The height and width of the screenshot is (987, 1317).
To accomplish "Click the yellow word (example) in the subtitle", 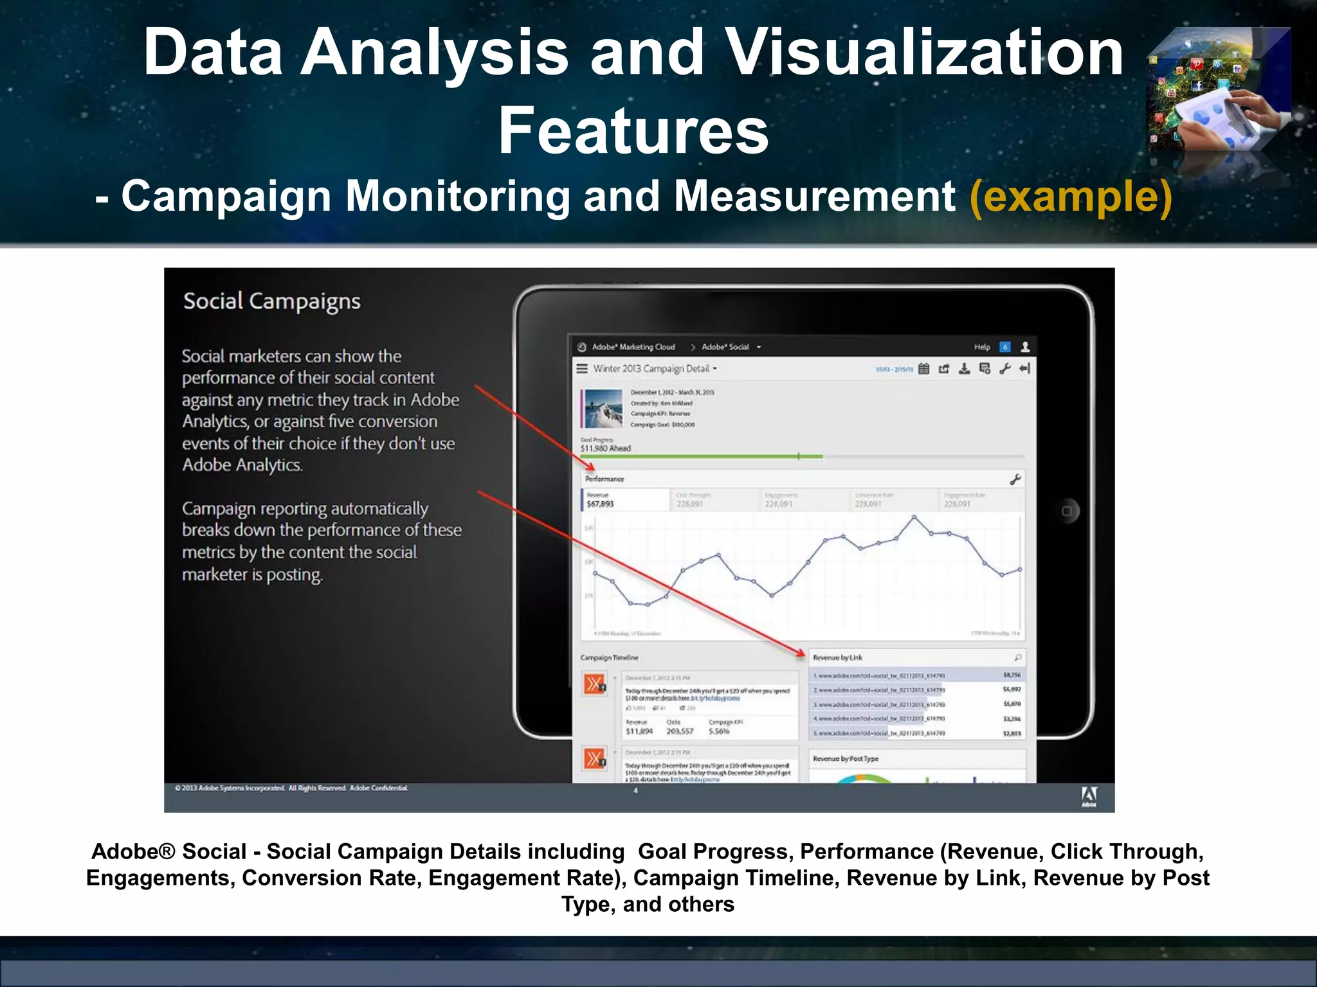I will [1071, 196].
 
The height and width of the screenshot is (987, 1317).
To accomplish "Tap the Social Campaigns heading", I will [271, 301].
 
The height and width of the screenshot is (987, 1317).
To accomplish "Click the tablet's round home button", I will [1066, 511].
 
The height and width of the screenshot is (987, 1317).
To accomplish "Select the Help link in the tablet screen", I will [982, 347].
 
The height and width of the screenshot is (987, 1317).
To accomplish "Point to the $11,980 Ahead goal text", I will [606, 448].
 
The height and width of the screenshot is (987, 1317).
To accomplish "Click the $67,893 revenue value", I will [600, 504].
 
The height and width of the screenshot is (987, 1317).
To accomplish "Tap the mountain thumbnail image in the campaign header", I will [603, 408].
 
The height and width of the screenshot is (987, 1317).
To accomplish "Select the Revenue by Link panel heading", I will [838, 657].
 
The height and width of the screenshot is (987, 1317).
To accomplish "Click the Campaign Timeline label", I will [609, 657].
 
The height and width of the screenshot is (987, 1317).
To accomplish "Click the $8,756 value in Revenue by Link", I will [1012, 675].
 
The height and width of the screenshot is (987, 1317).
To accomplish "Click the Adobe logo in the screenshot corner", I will [1089, 796].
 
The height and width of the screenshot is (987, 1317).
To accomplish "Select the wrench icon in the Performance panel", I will [1015, 479].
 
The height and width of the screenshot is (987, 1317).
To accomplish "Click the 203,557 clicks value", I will [680, 731].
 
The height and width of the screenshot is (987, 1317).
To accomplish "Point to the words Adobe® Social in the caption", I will [168, 851].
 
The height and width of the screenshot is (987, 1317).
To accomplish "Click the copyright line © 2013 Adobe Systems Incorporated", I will [291, 788].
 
